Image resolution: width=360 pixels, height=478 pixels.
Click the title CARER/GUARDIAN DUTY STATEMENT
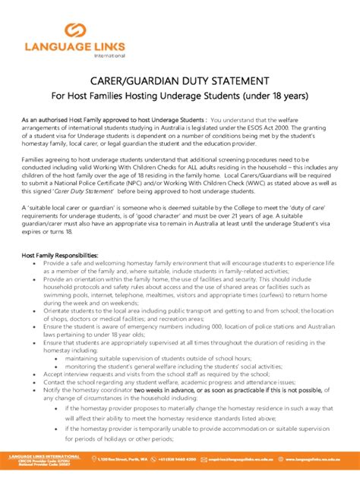click(x=179, y=80)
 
